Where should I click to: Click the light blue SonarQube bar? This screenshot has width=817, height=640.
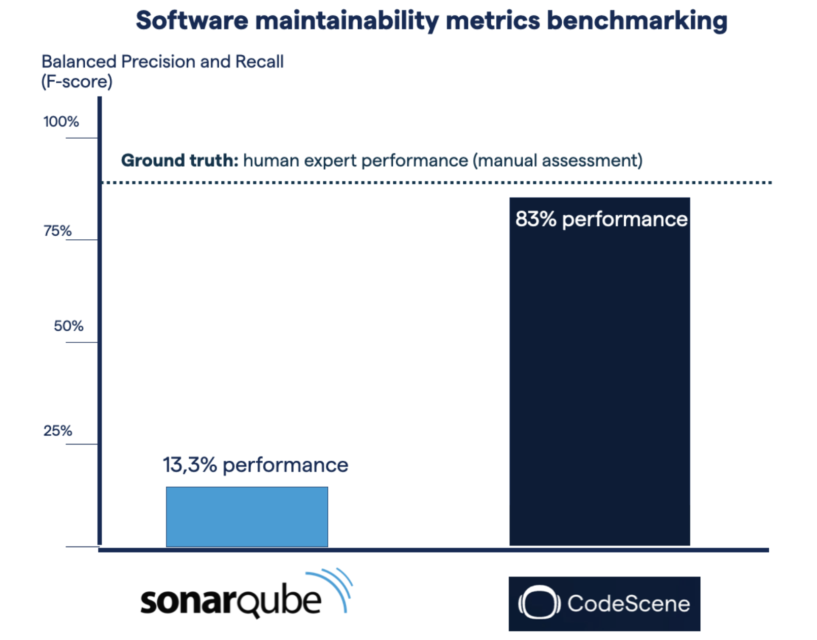click(x=247, y=517)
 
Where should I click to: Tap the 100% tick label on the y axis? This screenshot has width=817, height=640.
click(x=61, y=122)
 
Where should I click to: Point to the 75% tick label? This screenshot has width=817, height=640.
click(x=57, y=231)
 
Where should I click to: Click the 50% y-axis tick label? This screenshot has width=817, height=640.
click(x=69, y=326)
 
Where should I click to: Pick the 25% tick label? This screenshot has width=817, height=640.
click(x=57, y=431)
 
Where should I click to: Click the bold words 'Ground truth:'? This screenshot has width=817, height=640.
click(x=179, y=161)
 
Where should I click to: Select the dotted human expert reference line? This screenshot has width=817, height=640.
click(x=436, y=182)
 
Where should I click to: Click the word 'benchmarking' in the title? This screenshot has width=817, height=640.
click(x=637, y=21)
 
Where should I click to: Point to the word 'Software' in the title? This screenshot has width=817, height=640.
click(x=192, y=21)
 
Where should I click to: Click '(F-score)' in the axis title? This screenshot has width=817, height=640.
click(x=77, y=82)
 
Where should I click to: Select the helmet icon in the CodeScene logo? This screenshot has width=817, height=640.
click(x=539, y=603)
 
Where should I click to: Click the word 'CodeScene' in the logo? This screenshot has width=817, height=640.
click(x=628, y=603)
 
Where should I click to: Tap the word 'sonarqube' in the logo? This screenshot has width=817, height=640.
click(x=231, y=602)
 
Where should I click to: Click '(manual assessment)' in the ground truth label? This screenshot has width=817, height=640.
click(x=558, y=161)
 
